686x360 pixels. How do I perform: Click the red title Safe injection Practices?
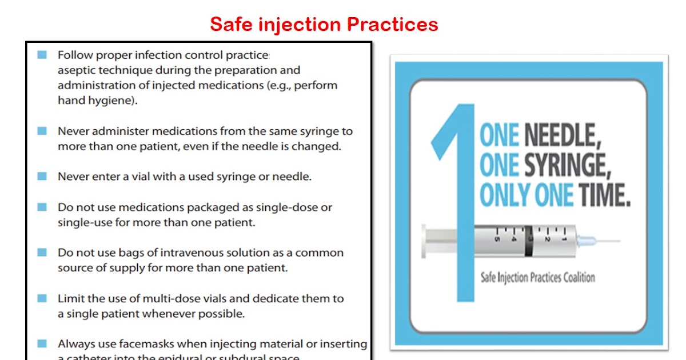324,24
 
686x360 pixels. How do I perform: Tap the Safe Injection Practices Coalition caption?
537,278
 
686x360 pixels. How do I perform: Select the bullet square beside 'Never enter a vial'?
42,177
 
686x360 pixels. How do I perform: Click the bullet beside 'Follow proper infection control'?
42,55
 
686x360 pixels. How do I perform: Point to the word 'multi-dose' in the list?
218,298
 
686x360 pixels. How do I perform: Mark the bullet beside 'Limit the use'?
42,298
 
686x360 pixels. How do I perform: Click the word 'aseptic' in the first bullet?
76,70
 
